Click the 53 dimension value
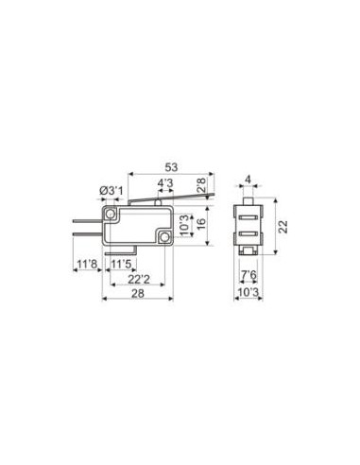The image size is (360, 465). (x=171, y=167)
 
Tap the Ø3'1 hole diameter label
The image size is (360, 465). (x=111, y=191)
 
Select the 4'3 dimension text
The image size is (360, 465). (x=165, y=183)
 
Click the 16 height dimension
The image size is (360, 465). (x=201, y=223)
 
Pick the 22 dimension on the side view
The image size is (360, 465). (x=283, y=227)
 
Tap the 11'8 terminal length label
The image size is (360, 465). (x=87, y=264)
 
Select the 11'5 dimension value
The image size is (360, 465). (x=121, y=264)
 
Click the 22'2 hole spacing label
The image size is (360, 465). (x=139, y=279)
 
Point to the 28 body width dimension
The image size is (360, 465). (x=138, y=293)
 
